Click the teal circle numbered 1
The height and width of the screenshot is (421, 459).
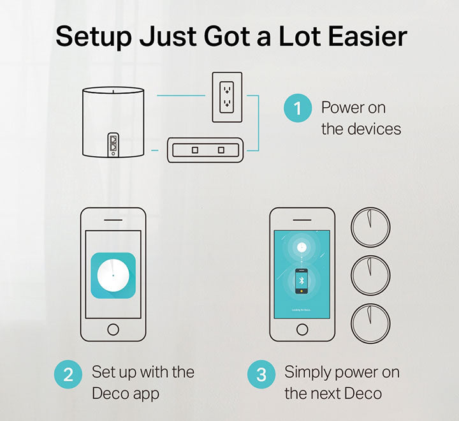298,108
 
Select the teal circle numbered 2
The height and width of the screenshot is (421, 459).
68,374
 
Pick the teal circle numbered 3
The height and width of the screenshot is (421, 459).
261,374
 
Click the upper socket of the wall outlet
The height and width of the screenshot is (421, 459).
227,90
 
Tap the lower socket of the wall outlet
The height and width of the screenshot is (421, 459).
227,103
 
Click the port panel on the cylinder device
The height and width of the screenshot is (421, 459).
113,145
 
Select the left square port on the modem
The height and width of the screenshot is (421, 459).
195,150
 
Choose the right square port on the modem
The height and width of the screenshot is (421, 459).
221,150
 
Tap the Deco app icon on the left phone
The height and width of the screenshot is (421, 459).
113,276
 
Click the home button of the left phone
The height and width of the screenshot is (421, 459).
113,329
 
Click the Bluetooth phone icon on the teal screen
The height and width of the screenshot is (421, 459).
301,281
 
